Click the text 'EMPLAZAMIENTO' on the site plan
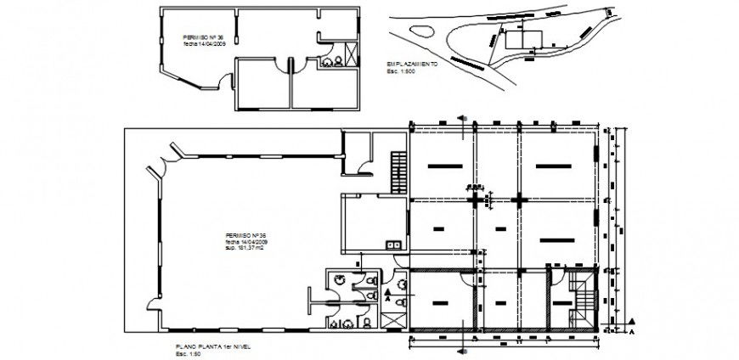click(x=411, y=65)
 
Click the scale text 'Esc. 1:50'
click(x=186, y=354)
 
